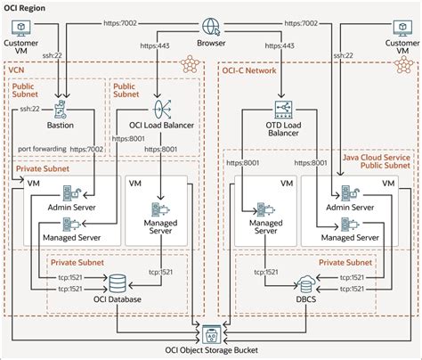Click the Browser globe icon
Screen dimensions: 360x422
click(x=211, y=26)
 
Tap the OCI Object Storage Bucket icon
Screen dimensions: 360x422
click(x=212, y=334)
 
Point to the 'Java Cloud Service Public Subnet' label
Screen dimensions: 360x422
click(x=377, y=160)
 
